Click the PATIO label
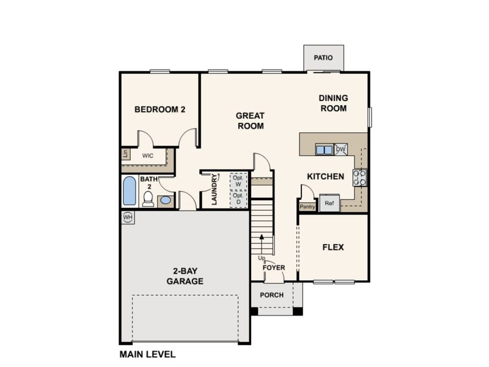coord(323,57)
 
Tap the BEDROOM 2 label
coord(160,109)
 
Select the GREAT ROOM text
coord(250,120)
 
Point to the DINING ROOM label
coord(333,103)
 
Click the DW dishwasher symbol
coord(341,149)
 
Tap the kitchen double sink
coord(325,149)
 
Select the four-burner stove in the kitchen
coord(359,178)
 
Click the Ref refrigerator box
coord(329,203)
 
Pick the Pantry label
coord(307,207)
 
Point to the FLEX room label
coord(333,248)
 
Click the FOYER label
coord(274,268)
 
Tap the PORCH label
coord(271,295)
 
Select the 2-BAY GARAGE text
coord(185,276)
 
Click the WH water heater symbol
coord(128,217)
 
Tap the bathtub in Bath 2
coord(130,191)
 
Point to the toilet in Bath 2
coord(148,199)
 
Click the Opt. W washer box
coord(238,181)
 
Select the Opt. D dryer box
coord(238,199)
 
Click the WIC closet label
coord(148,155)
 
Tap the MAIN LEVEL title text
coord(147,355)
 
